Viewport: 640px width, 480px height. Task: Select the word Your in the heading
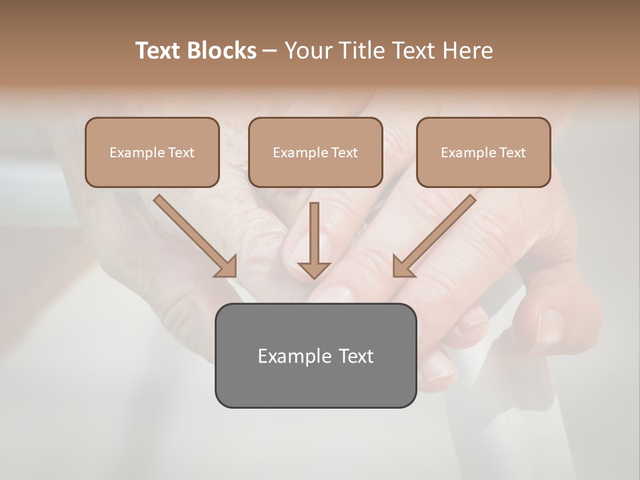(309, 51)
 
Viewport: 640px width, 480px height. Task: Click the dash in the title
(270, 51)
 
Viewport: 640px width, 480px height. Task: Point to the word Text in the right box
(512, 153)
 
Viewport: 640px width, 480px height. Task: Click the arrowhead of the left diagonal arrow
(226, 267)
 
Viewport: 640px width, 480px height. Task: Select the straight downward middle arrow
(314, 240)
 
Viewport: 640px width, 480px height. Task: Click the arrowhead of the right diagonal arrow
(403, 266)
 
